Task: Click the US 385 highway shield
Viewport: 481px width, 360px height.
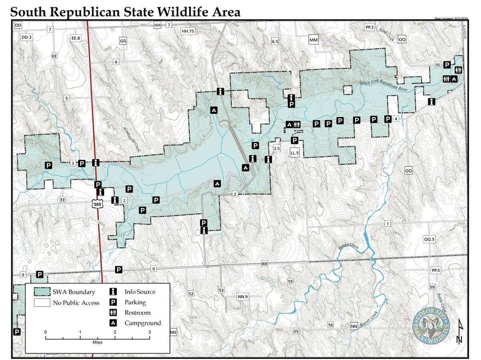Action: click(97, 204)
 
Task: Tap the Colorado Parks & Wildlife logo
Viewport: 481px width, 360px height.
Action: click(431, 325)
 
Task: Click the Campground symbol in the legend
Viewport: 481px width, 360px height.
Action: click(113, 323)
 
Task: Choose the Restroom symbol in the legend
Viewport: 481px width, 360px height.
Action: click(113, 313)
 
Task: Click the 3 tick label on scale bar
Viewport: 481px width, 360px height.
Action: click(150, 332)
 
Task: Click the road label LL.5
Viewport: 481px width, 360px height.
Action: click(295, 153)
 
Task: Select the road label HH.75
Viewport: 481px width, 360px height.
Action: click(188, 31)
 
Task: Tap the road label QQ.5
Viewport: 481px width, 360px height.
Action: click(429, 239)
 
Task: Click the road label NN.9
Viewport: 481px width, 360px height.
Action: click(243, 297)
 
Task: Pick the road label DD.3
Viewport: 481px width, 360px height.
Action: click(27, 37)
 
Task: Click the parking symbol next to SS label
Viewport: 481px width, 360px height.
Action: click(446, 65)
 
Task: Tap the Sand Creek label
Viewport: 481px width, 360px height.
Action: click(387, 35)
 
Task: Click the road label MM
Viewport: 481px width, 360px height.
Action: click(313, 40)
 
